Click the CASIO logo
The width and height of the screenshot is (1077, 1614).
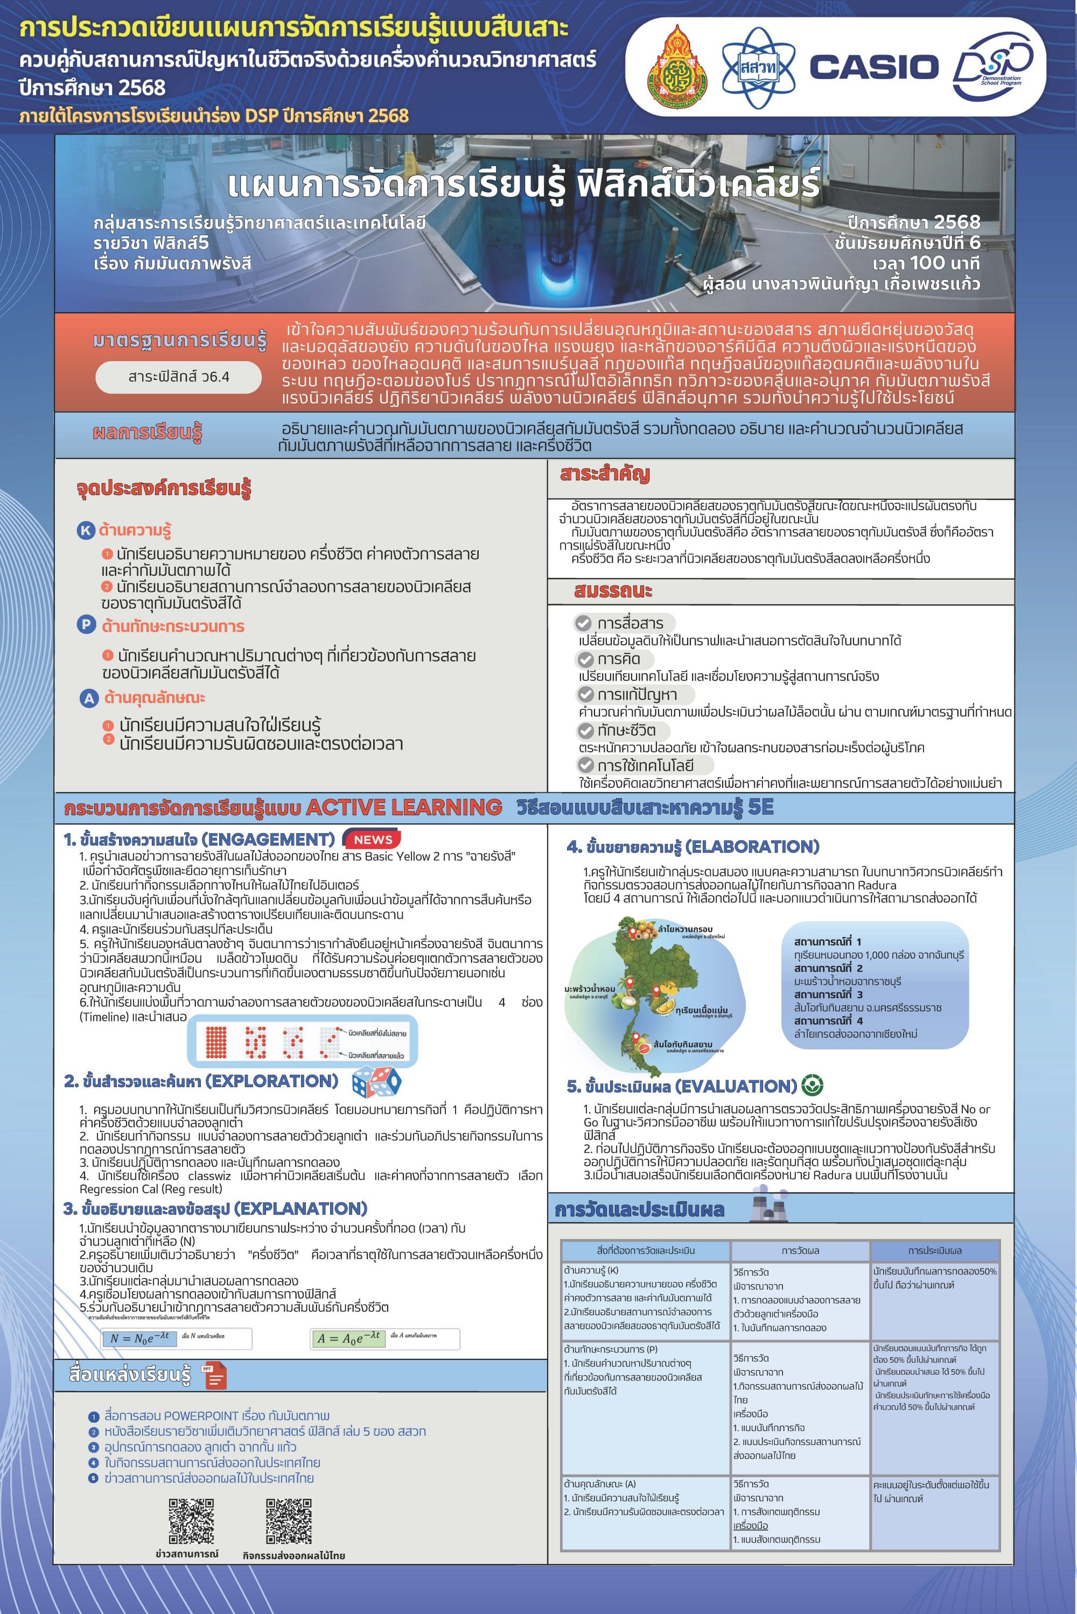[x=873, y=67]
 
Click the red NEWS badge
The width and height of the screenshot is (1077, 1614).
[x=373, y=840]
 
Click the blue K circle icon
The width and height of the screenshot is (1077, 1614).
[x=86, y=530]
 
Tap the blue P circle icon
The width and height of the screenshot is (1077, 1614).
[x=86, y=625]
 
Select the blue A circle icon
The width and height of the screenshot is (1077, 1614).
[x=89, y=698]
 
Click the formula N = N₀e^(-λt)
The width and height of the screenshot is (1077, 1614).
[x=140, y=1338]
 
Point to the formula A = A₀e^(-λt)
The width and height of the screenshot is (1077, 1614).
[x=348, y=1338]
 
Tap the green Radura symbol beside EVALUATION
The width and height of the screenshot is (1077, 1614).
[x=813, y=1086]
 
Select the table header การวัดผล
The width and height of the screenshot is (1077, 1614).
[x=800, y=1250]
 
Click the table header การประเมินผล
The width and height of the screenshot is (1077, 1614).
[x=934, y=1250]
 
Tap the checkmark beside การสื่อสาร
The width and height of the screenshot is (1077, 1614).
[x=583, y=623]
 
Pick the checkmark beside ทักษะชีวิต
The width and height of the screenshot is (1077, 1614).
[x=585, y=730]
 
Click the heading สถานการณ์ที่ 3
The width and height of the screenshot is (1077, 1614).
[x=828, y=994]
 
